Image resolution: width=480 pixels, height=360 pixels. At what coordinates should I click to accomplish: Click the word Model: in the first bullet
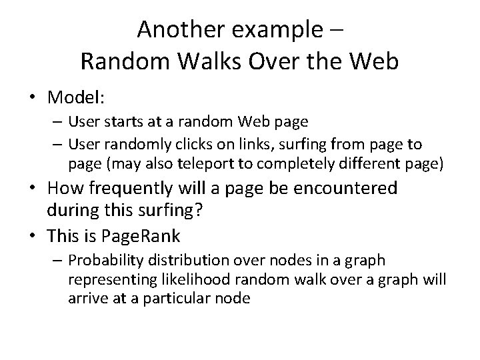tap(76, 98)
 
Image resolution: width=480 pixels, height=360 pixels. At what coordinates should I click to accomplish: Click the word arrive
tap(85, 299)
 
